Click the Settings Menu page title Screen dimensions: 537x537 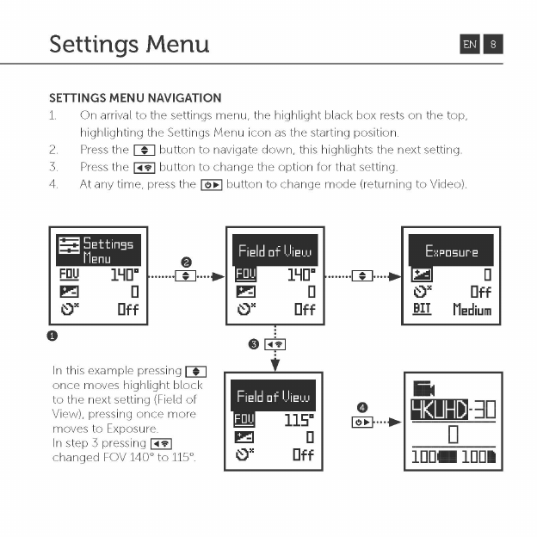(129, 43)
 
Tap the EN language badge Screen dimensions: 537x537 (469, 44)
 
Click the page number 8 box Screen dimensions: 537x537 (493, 44)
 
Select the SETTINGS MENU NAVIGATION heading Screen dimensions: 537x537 (135, 98)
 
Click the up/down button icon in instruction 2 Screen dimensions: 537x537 (145, 150)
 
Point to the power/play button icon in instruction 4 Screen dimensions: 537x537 (212, 184)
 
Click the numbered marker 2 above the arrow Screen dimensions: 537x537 (186, 262)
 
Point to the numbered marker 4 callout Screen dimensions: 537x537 (362, 407)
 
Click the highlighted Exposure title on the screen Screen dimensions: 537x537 (451, 251)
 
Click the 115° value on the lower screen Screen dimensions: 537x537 (297, 421)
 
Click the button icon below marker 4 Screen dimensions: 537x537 (362, 423)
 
